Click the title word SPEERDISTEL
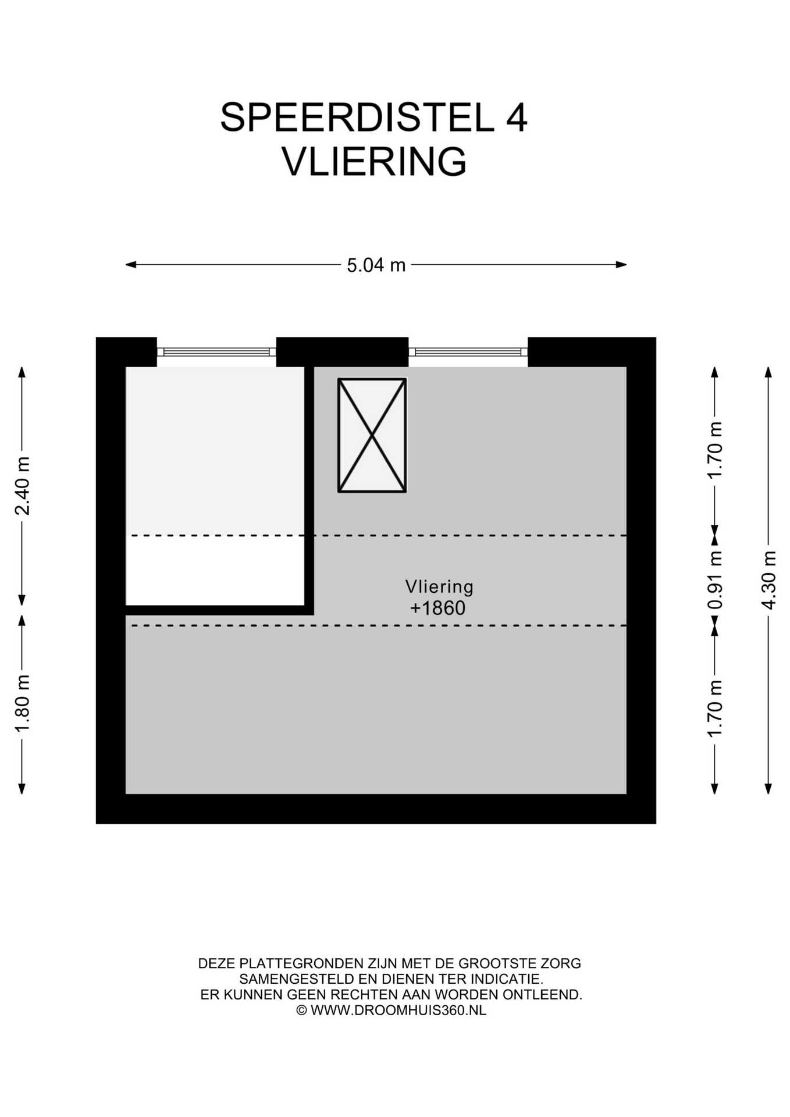pyautogui.click(x=357, y=118)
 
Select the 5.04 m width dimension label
pyautogui.click(x=376, y=265)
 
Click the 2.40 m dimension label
pyautogui.click(x=22, y=486)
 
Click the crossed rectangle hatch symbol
pyautogui.click(x=372, y=435)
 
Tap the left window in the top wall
pyautogui.click(x=216, y=352)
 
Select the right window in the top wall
pyautogui.click(x=468, y=352)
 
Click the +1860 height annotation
pyautogui.click(x=438, y=609)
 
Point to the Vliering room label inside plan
pyautogui.click(x=439, y=586)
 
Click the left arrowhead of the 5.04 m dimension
pyautogui.click(x=131, y=265)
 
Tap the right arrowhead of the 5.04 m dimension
pyautogui.click(x=621, y=265)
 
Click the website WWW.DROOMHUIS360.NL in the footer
pyautogui.click(x=398, y=1011)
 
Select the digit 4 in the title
pyautogui.click(x=516, y=118)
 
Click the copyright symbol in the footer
pyautogui.click(x=301, y=1011)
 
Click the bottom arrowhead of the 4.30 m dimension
pyautogui.click(x=768, y=789)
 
